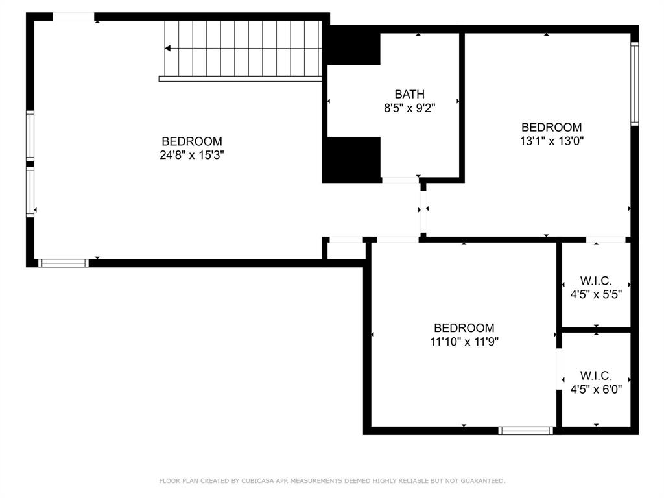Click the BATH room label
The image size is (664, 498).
tap(409, 95)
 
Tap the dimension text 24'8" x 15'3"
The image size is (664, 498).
tap(192, 155)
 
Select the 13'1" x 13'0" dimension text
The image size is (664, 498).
tap(552, 141)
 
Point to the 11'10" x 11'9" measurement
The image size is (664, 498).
tap(464, 342)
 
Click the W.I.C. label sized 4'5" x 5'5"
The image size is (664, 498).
tap(595, 281)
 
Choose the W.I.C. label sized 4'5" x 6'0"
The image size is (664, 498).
tap(595, 375)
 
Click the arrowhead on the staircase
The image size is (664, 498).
tap(168, 48)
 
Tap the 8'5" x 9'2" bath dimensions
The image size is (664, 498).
tap(409, 108)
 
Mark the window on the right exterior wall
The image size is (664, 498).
tap(635, 83)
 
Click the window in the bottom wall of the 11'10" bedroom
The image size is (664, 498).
tap(525, 430)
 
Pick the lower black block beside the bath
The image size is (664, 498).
tap(351, 159)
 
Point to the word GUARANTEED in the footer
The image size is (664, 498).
tap(480, 481)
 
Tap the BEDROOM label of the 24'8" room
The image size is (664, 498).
tap(192, 141)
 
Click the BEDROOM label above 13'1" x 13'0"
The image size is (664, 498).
tap(552, 127)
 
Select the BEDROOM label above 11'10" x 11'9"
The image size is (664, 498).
tap(464, 328)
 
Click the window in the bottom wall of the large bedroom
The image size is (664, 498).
tap(63, 263)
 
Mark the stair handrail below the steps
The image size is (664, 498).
tap(240, 79)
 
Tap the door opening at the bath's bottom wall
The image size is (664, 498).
tap(399, 180)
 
